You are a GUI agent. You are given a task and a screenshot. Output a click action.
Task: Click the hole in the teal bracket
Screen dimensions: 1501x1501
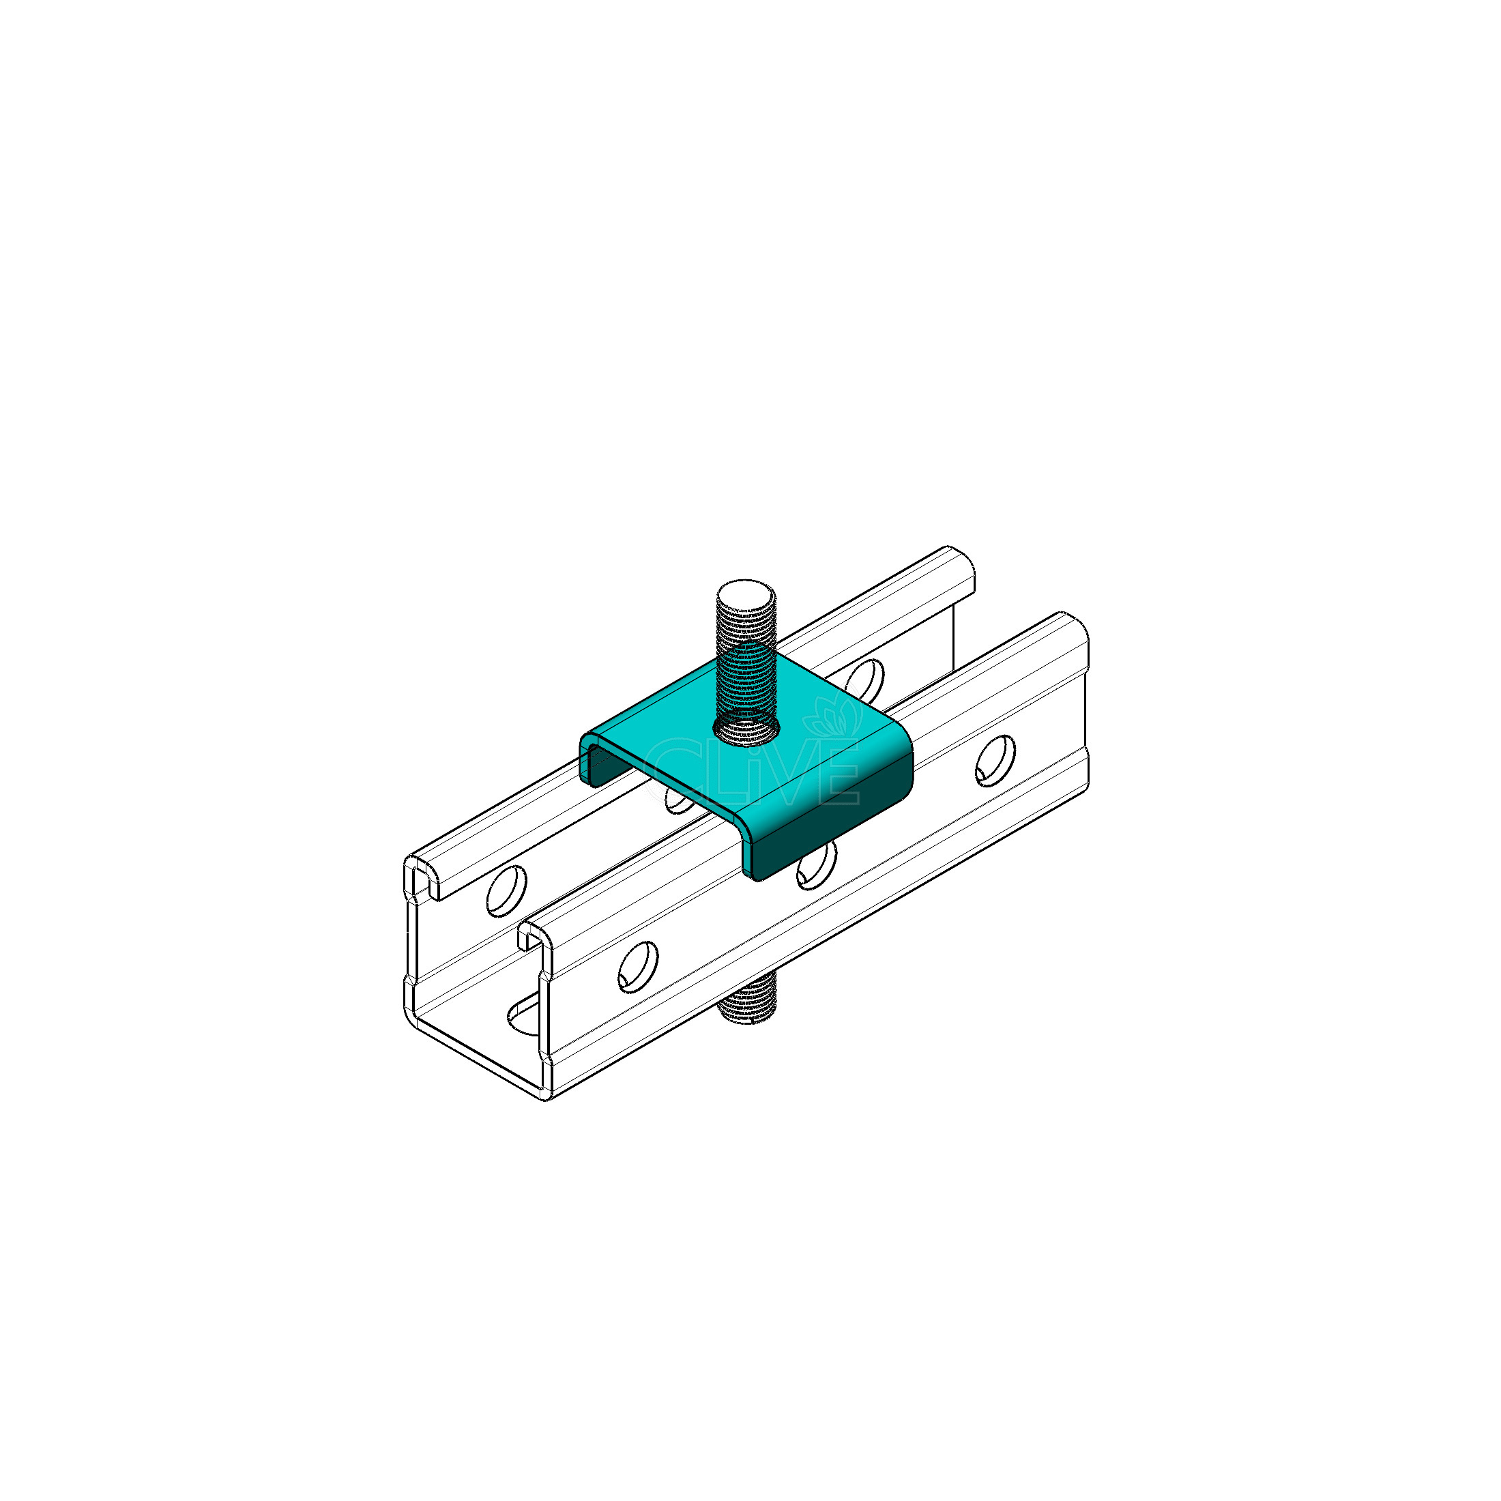(x=746, y=728)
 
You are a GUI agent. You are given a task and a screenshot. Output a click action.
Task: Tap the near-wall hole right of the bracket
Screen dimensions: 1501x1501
(x=995, y=761)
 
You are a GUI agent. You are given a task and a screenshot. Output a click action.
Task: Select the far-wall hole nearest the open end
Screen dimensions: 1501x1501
(x=506, y=889)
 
